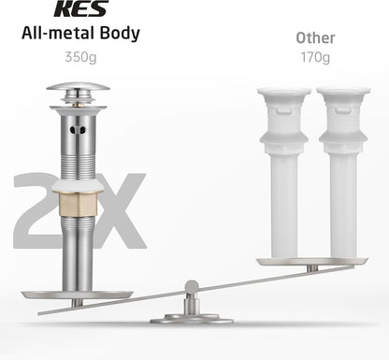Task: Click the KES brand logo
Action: (81, 8)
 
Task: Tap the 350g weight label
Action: (80, 57)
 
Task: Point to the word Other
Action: (315, 38)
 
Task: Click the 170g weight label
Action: (315, 57)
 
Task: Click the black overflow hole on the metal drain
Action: (78, 130)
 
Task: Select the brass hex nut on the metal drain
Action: (78, 205)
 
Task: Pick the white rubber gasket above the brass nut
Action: (78, 186)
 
